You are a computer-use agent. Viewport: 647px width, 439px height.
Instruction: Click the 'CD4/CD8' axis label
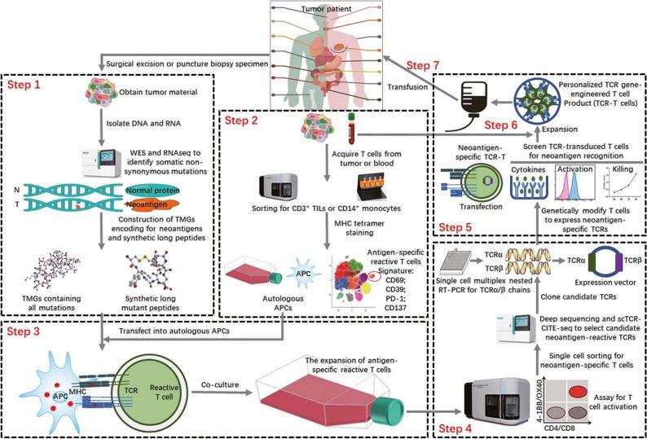click(x=586, y=428)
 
